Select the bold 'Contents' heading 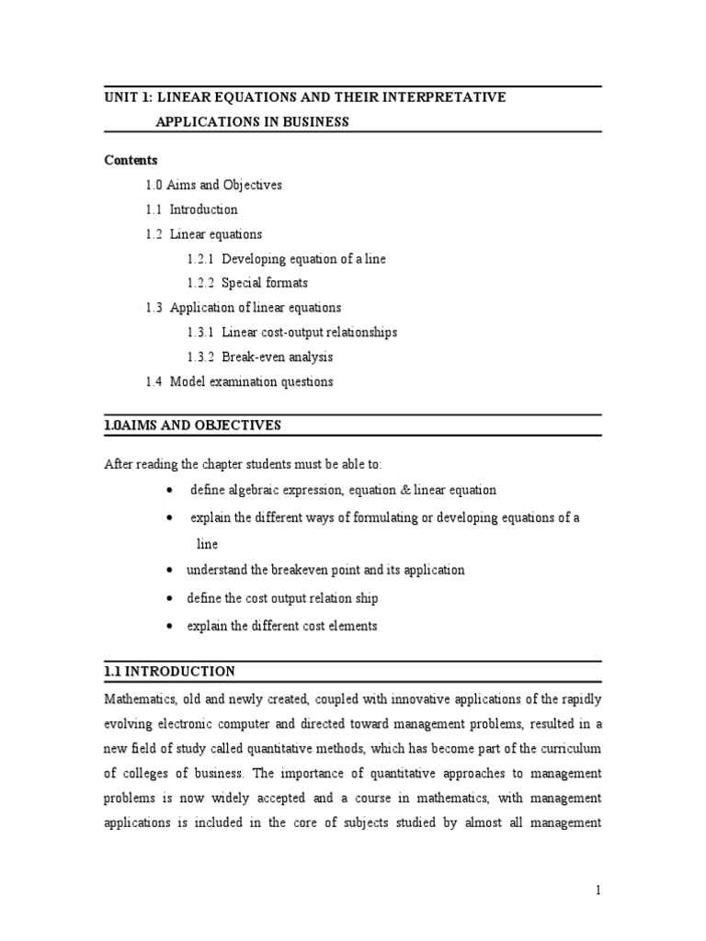131,160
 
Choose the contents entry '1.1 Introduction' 191,210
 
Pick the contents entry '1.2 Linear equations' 203,234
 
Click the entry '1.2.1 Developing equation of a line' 286,259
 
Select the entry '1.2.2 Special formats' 246,283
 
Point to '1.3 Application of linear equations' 243,308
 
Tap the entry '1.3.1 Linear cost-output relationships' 291,333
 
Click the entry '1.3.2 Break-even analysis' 259,357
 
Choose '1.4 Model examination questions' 239,381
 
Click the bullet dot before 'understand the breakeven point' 171,571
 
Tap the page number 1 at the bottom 598,890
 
